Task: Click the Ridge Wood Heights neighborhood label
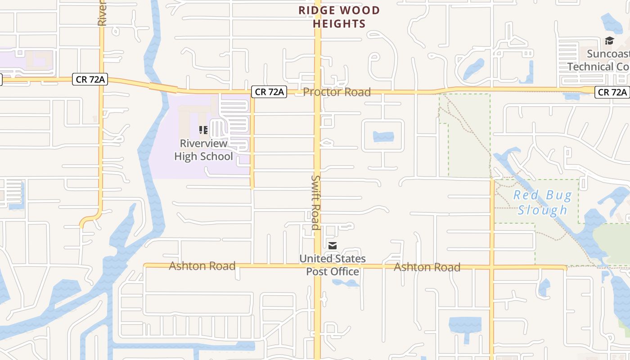point(339,17)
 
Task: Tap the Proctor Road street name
point(337,92)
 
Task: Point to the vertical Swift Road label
point(315,202)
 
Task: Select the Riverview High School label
point(203,150)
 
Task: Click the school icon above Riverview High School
point(203,130)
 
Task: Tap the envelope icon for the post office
point(332,246)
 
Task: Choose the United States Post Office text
point(333,265)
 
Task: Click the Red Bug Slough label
point(543,202)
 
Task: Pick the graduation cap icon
point(609,41)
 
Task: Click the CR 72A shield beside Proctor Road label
point(269,92)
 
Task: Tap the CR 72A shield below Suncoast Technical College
point(612,92)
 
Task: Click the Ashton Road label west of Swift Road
point(202,266)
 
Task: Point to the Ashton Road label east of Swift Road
point(427,267)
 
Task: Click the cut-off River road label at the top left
point(102,13)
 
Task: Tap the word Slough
point(543,210)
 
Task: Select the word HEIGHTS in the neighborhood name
point(339,23)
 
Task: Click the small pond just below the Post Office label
point(346,283)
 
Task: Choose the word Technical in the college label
point(590,67)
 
